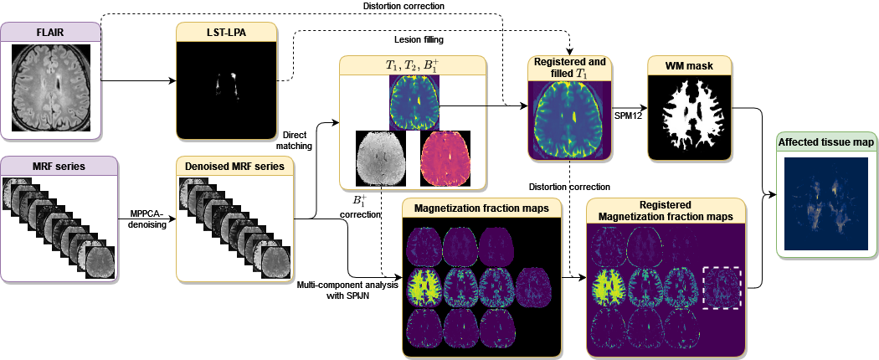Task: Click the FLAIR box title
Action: pos(50,33)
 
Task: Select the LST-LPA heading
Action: pos(226,33)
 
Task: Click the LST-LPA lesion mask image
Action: pos(226,92)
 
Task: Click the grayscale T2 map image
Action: pos(380,157)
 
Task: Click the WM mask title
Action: pos(688,65)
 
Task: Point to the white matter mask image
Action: pos(688,116)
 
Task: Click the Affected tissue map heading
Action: pos(825,143)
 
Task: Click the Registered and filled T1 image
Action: pos(568,116)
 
